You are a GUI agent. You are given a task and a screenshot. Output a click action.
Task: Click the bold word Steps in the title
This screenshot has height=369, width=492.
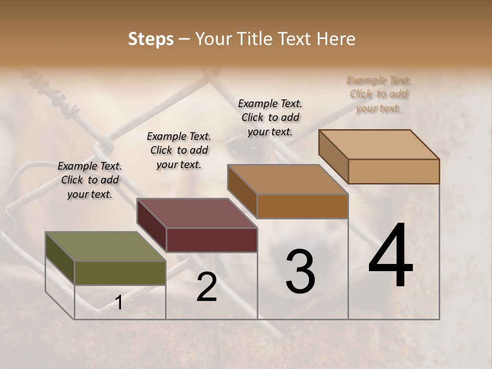click(x=151, y=39)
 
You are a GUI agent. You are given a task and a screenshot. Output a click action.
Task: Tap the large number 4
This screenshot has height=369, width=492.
click(x=391, y=256)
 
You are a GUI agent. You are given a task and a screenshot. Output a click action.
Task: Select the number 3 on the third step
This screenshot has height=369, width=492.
click(x=300, y=272)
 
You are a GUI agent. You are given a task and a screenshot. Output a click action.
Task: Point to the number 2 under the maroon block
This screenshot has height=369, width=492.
click(x=207, y=287)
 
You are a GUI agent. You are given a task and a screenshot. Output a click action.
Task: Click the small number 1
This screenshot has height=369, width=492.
click(x=119, y=302)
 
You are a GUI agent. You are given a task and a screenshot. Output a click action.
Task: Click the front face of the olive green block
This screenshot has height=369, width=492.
click(x=120, y=273)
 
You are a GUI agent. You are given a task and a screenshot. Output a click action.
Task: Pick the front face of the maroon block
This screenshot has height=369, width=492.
click(x=212, y=240)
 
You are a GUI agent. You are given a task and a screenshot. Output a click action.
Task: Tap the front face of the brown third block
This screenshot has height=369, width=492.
click(x=302, y=206)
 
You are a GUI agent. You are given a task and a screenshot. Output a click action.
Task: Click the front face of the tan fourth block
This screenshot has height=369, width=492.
click(x=394, y=171)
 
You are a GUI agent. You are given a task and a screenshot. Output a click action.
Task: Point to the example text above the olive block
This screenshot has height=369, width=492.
click(x=90, y=180)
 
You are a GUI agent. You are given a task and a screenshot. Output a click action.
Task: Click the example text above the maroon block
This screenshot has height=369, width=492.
click(x=179, y=150)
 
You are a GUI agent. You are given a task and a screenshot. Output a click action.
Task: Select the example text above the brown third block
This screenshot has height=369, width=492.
click(x=270, y=117)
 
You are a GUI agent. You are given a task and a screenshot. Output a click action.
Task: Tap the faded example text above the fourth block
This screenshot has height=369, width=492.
click(x=379, y=94)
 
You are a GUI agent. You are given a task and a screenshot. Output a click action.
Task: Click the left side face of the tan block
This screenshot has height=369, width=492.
click(x=334, y=156)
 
